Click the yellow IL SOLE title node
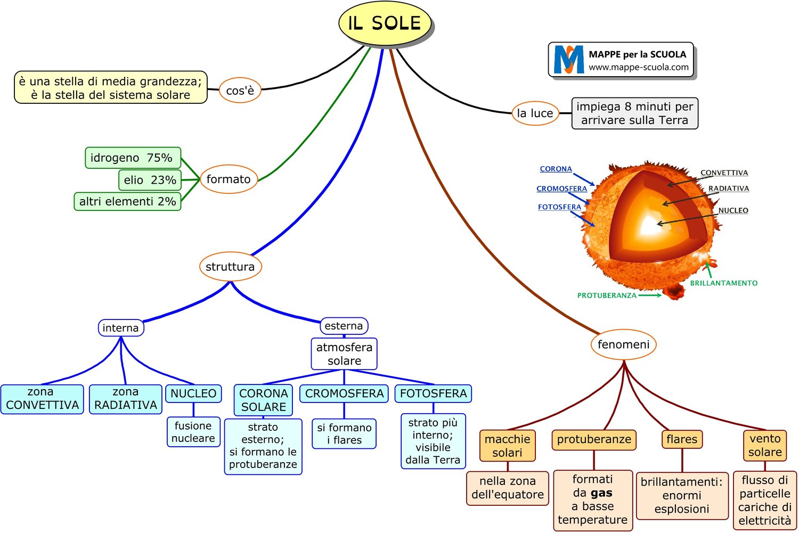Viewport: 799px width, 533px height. [x=385, y=23]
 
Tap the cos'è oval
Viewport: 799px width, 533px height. [x=240, y=91]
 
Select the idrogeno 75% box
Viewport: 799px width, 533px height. [x=133, y=158]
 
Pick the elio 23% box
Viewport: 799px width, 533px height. [x=150, y=180]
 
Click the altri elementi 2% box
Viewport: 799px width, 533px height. [x=127, y=201]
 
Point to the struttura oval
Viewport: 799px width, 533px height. [x=230, y=266]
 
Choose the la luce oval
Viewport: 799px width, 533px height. [x=535, y=113]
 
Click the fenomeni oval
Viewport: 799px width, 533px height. [x=623, y=345]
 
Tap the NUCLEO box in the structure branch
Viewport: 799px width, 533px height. [x=193, y=393]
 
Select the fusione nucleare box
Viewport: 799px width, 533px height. [x=193, y=432]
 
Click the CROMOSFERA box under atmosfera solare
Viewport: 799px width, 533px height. [x=344, y=393]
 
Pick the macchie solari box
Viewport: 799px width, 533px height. [x=507, y=446]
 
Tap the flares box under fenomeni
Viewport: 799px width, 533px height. [x=681, y=439]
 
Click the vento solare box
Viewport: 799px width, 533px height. [x=765, y=446]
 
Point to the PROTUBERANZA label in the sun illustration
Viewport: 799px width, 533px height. [x=607, y=296]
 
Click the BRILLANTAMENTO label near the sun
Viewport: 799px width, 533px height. [x=723, y=283]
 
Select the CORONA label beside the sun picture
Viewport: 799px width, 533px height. [x=556, y=169]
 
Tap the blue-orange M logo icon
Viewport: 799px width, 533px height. [x=568, y=60]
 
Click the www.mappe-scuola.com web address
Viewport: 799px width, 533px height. [x=638, y=67]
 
